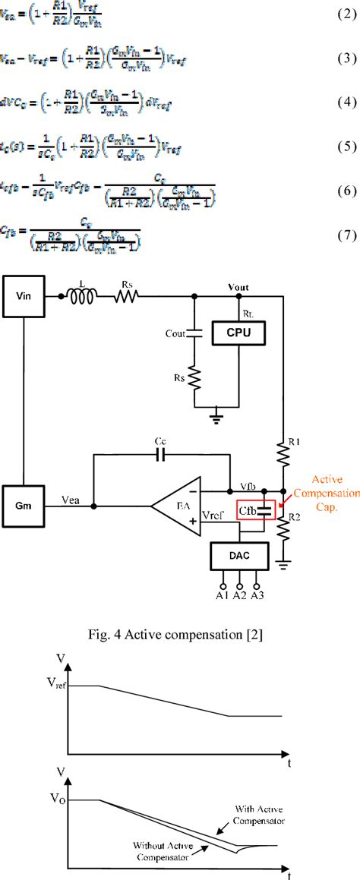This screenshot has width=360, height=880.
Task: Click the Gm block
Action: point(24,505)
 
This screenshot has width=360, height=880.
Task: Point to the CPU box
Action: point(239,333)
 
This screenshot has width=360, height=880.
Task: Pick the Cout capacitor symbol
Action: point(194,333)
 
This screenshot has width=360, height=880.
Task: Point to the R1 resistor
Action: point(283,455)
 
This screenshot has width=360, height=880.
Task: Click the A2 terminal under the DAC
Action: point(239,588)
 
